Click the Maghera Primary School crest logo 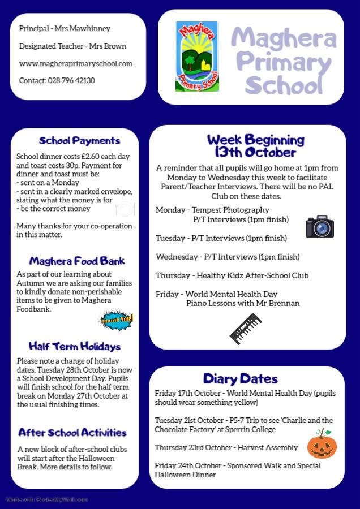pos(196,57)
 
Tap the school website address pos(76,63)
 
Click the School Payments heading pos(79,141)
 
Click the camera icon pos(319,226)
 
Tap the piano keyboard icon pos(246,329)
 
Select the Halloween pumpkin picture pos(322,444)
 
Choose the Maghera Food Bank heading pos(77,261)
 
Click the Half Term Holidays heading pos(74,346)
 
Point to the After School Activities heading pos(72,433)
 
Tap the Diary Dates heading pos(240,378)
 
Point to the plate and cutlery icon pos(124,209)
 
